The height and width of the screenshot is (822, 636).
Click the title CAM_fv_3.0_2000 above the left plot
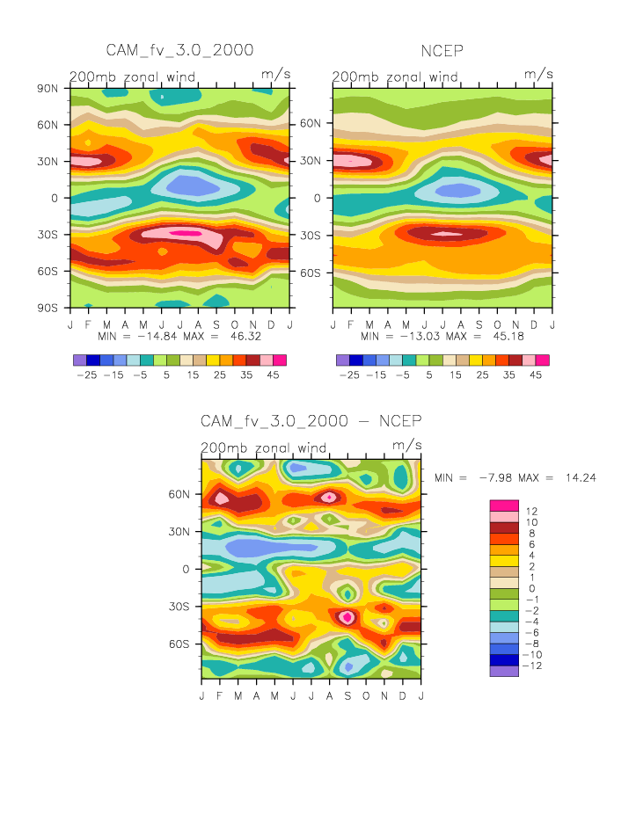[179, 50]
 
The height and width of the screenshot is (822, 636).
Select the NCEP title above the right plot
[442, 51]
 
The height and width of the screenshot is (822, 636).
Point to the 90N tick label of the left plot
[48, 88]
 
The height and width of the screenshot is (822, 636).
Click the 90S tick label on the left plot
[48, 308]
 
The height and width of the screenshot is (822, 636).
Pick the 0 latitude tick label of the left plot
[55, 198]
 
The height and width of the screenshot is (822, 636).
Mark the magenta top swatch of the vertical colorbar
[503, 505]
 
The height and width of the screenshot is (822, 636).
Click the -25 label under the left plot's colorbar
[86, 375]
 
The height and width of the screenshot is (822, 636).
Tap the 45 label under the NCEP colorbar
[536, 375]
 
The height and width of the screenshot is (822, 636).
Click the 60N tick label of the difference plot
[179, 494]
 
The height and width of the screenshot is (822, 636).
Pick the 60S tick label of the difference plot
[179, 644]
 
